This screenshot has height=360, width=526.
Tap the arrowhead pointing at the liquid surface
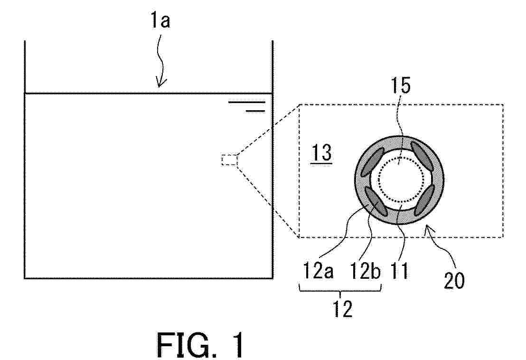(x=161, y=83)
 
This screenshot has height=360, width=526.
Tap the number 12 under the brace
(x=342, y=309)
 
